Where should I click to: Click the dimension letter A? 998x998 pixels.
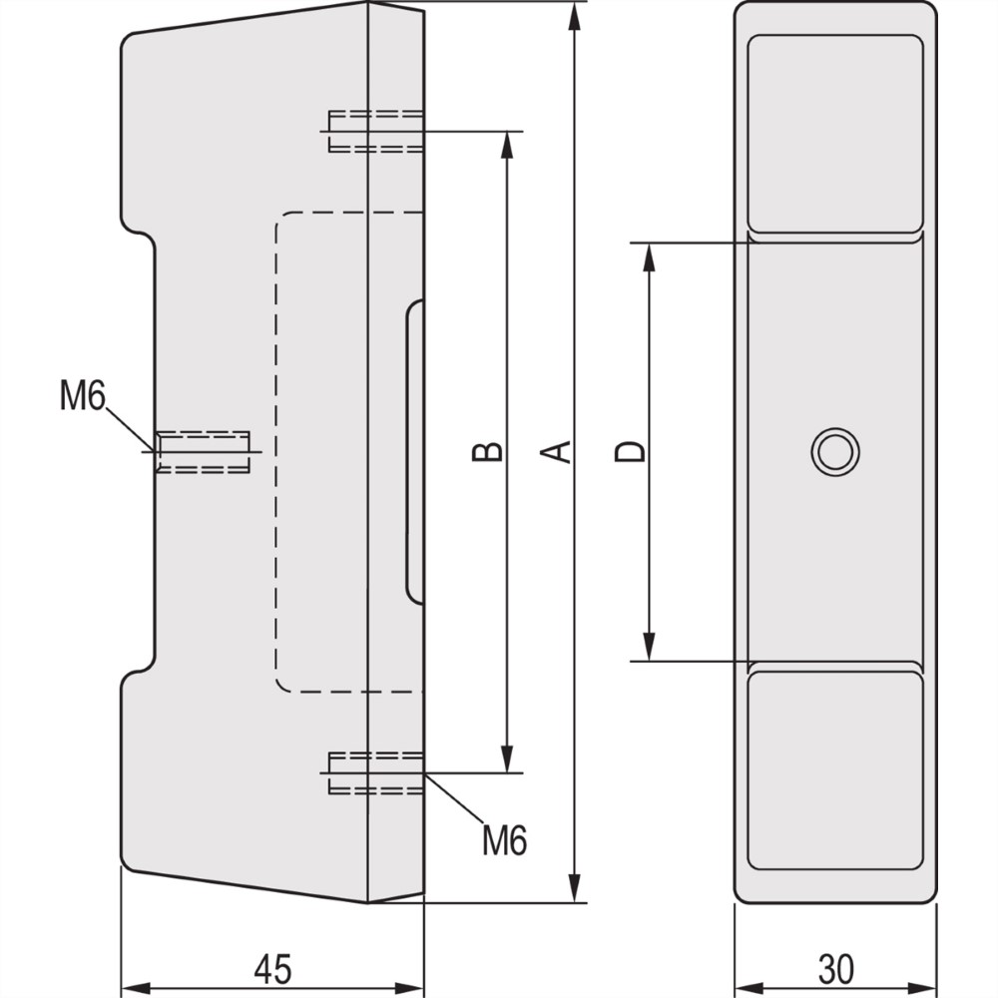point(562,451)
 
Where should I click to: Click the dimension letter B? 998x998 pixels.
point(487,451)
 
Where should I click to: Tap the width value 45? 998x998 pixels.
point(271,968)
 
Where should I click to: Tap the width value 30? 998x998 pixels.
point(836,968)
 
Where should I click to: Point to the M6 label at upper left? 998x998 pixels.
point(82,396)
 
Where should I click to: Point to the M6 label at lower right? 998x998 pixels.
point(504,840)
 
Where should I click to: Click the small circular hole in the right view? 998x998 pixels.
point(834,451)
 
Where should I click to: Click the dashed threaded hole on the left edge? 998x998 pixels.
point(203,451)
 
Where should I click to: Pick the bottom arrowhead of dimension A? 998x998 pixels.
point(575,887)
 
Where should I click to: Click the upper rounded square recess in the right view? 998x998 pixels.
point(835,135)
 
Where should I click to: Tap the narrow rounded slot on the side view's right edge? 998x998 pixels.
point(414,451)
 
